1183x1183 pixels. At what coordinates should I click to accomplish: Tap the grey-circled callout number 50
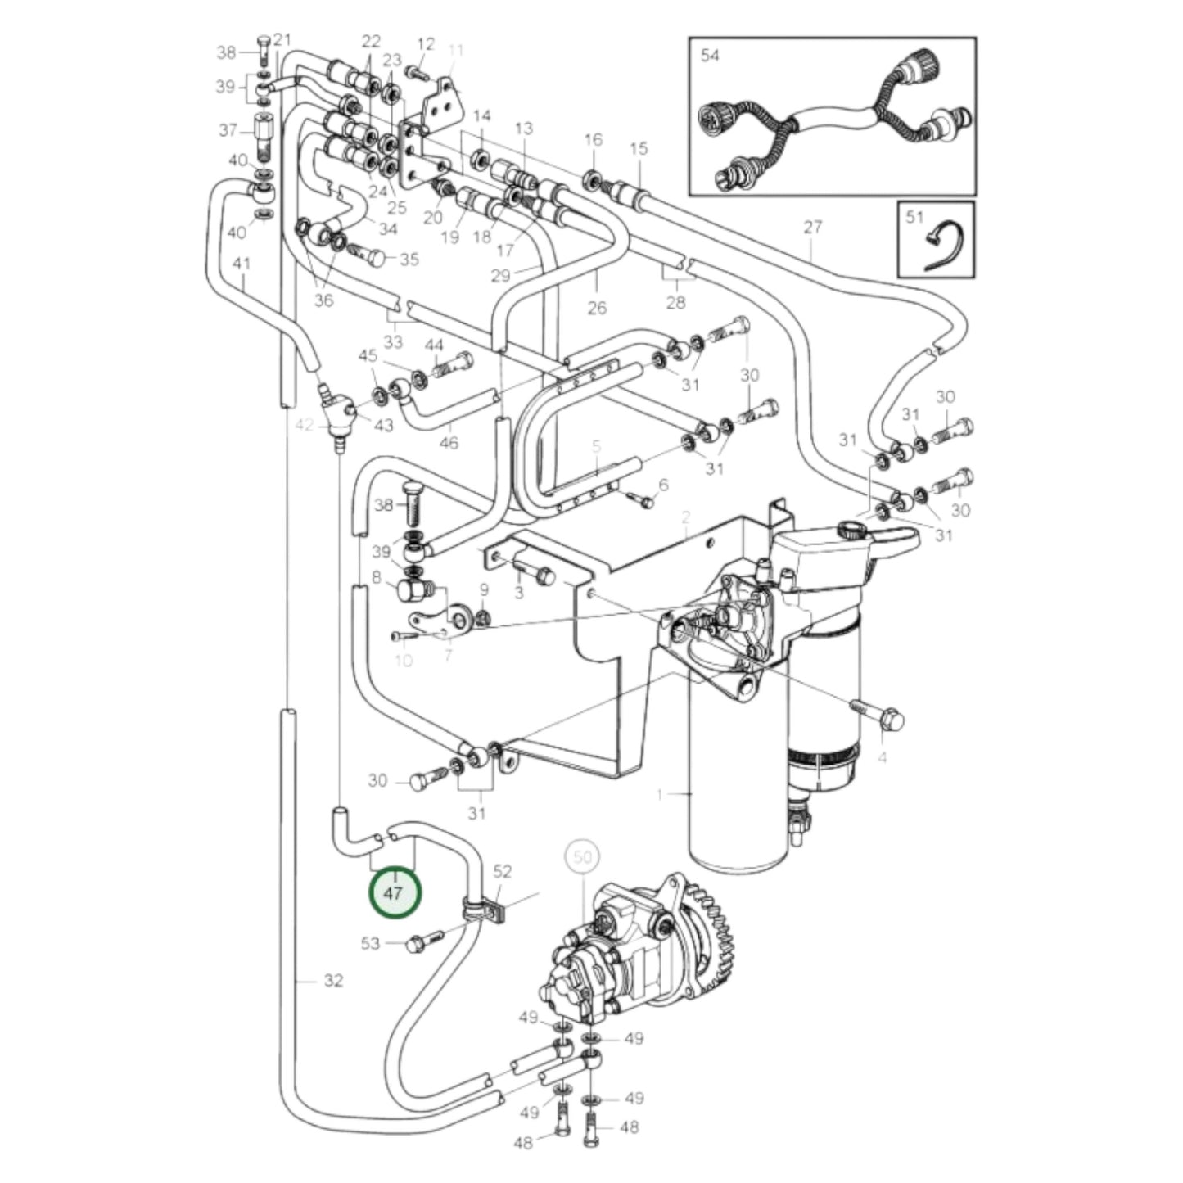click(x=581, y=857)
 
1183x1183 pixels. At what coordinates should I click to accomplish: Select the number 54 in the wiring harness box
click(x=710, y=56)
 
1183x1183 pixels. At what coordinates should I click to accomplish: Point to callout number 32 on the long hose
click(x=332, y=980)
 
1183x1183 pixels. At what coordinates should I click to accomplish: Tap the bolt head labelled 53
click(x=416, y=944)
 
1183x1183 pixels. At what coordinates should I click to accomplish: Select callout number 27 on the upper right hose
click(x=811, y=227)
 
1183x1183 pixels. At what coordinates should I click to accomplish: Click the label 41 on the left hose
click(x=241, y=264)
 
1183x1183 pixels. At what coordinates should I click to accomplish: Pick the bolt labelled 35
click(x=373, y=257)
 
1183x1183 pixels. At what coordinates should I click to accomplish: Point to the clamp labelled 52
click(x=486, y=906)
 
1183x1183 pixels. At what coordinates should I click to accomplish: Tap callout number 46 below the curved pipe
click(x=449, y=443)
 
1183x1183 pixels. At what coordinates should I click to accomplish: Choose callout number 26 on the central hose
click(x=597, y=307)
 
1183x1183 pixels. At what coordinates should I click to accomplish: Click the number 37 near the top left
click(x=228, y=130)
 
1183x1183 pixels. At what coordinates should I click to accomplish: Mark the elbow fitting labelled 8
click(x=412, y=588)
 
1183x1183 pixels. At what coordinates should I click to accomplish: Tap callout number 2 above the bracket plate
click(x=685, y=517)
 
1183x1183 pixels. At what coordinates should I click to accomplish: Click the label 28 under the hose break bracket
click(x=675, y=303)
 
